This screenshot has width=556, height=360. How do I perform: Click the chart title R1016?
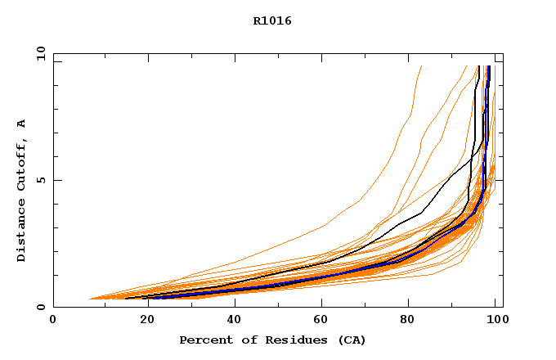272,21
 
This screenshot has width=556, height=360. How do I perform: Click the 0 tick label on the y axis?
40,307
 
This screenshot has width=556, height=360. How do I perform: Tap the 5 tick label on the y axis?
40,180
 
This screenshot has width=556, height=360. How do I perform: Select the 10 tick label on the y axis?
40,53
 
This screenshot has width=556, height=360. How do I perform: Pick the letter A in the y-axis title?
21,124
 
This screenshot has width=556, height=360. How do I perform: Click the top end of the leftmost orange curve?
421,66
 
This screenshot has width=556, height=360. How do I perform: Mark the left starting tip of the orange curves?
88,299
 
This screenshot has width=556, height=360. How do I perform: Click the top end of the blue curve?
488,66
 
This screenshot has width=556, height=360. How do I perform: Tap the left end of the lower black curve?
125,299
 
